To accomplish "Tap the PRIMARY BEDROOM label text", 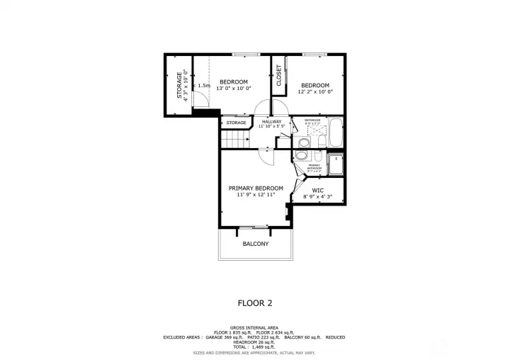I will pos(255,188).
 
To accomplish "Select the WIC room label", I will pos(318,190).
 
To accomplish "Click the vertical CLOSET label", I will pos(279,75).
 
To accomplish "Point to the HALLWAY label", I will pos(271,122).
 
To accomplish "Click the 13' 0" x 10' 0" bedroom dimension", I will pos(233,89).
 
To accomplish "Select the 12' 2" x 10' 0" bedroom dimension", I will pos(315,91).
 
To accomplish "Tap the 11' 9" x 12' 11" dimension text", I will pos(255,195).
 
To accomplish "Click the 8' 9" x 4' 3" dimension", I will pos(318,197).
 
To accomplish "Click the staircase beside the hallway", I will pos(236,140).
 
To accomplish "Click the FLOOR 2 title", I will pos(254,303).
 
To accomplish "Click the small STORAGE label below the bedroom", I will pos(236,123).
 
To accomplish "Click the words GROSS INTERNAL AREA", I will pos(254,327).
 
